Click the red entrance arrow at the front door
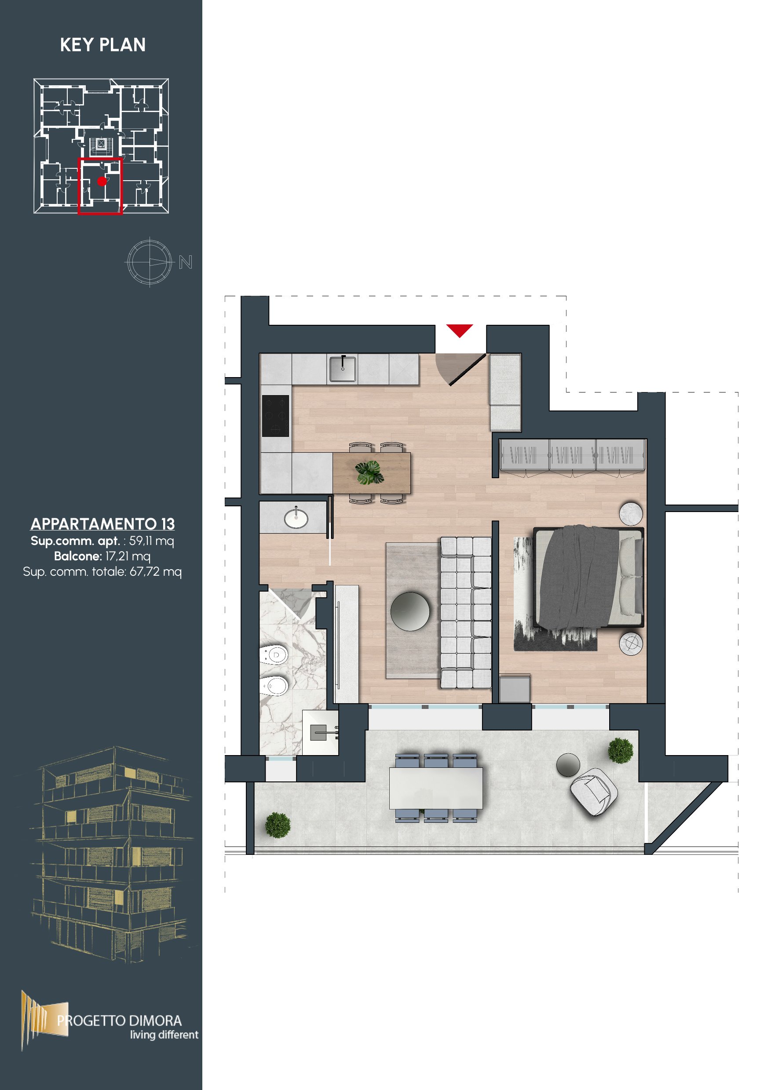pos(459,330)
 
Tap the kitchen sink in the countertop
pos(343,368)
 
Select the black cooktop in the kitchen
pos(275,415)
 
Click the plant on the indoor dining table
pos(369,473)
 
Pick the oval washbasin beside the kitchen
pos(296,518)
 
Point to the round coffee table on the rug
pos(410,611)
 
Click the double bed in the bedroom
pos(588,576)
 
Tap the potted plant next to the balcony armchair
pos(621,751)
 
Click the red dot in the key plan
pos(102,181)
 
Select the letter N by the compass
pos(186,262)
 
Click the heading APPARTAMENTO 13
pos(102,523)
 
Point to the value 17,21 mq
pos(128,556)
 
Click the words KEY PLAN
pos(102,45)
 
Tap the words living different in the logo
pos(164,1035)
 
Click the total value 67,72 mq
pos(155,571)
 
